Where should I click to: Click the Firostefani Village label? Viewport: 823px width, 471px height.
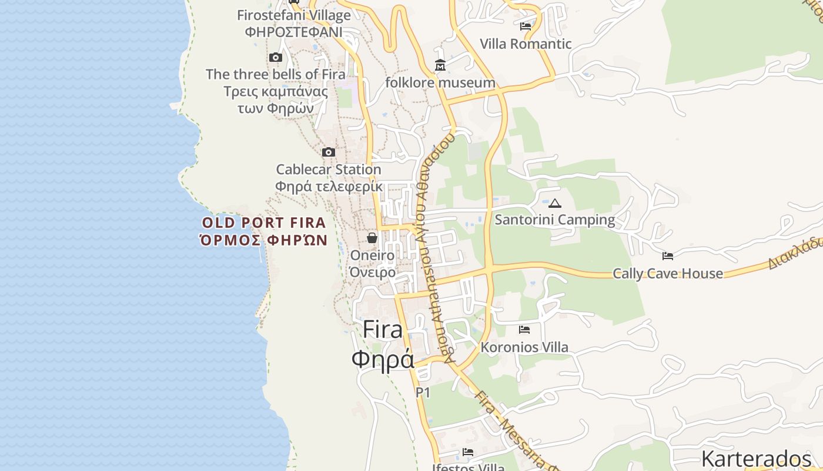coord(294,15)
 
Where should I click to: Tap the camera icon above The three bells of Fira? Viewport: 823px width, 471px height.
coord(276,57)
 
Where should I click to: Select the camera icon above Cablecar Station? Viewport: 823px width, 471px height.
coord(329,152)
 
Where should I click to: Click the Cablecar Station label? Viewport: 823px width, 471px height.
coord(329,170)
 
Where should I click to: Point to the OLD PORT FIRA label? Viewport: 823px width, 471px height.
coord(263,223)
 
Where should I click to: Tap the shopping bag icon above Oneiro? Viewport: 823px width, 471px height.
coord(372,238)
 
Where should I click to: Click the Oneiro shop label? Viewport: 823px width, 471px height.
coord(373,256)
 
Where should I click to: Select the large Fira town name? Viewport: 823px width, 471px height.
coord(383,329)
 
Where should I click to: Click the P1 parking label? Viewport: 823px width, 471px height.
coord(423,392)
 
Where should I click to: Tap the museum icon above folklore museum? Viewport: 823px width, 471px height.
coord(440,65)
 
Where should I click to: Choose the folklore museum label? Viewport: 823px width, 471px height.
coord(440,82)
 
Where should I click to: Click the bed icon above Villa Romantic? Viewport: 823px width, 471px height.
coord(526,26)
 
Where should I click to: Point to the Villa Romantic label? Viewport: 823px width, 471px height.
coord(526,44)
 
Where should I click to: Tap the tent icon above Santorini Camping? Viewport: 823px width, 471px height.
coord(555,204)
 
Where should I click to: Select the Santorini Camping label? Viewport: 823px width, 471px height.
coord(555,220)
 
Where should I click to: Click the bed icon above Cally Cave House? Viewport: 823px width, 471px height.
coord(668,256)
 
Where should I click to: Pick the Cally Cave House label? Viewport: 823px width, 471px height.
coord(668,273)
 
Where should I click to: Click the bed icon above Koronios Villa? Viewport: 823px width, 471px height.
coord(524,330)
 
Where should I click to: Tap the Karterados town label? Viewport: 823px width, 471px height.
coord(756,458)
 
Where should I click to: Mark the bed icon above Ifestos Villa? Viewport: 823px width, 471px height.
coord(468,452)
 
